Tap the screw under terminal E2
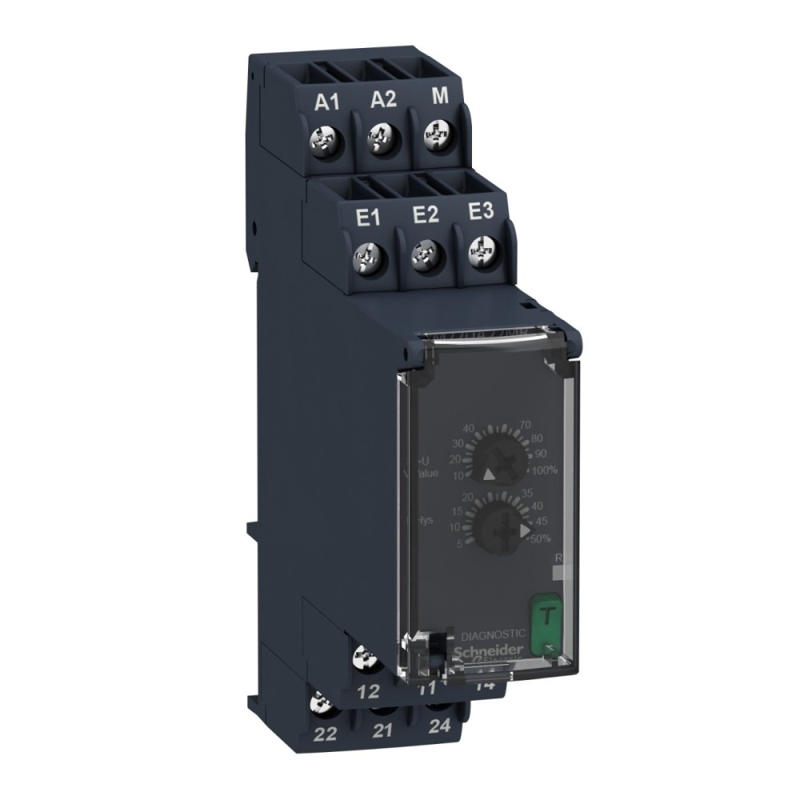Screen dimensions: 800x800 pos(420,255)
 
